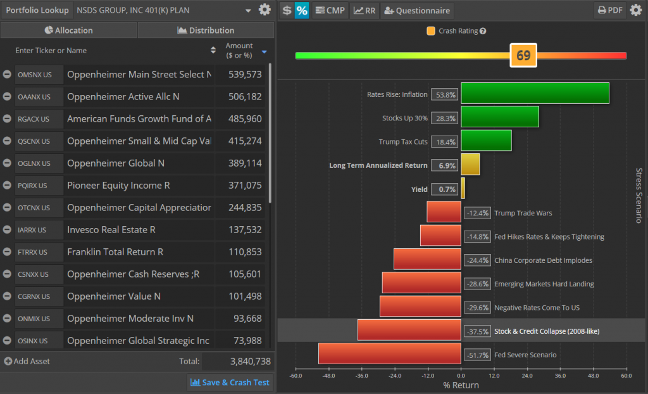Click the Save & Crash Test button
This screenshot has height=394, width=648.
[230, 382]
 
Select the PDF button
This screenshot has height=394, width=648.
[609, 10]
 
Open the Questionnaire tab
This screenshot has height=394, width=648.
[418, 10]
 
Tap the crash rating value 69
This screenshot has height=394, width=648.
[523, 55]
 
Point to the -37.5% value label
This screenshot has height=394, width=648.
[478, 331]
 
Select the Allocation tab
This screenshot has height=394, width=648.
[69, 30]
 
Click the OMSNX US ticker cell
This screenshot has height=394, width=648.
[39, 75]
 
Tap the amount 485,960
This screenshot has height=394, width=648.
[244, 119]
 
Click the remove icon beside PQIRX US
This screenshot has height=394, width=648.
[7, 186]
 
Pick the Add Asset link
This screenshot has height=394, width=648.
[27, 361]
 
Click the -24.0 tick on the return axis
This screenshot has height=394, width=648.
[394, 375]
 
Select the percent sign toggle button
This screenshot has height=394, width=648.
[302, 10]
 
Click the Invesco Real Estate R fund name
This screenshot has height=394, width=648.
[111, 230]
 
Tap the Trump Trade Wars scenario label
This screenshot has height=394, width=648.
[523, 213]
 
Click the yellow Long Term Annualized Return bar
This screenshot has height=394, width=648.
[470, 164]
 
